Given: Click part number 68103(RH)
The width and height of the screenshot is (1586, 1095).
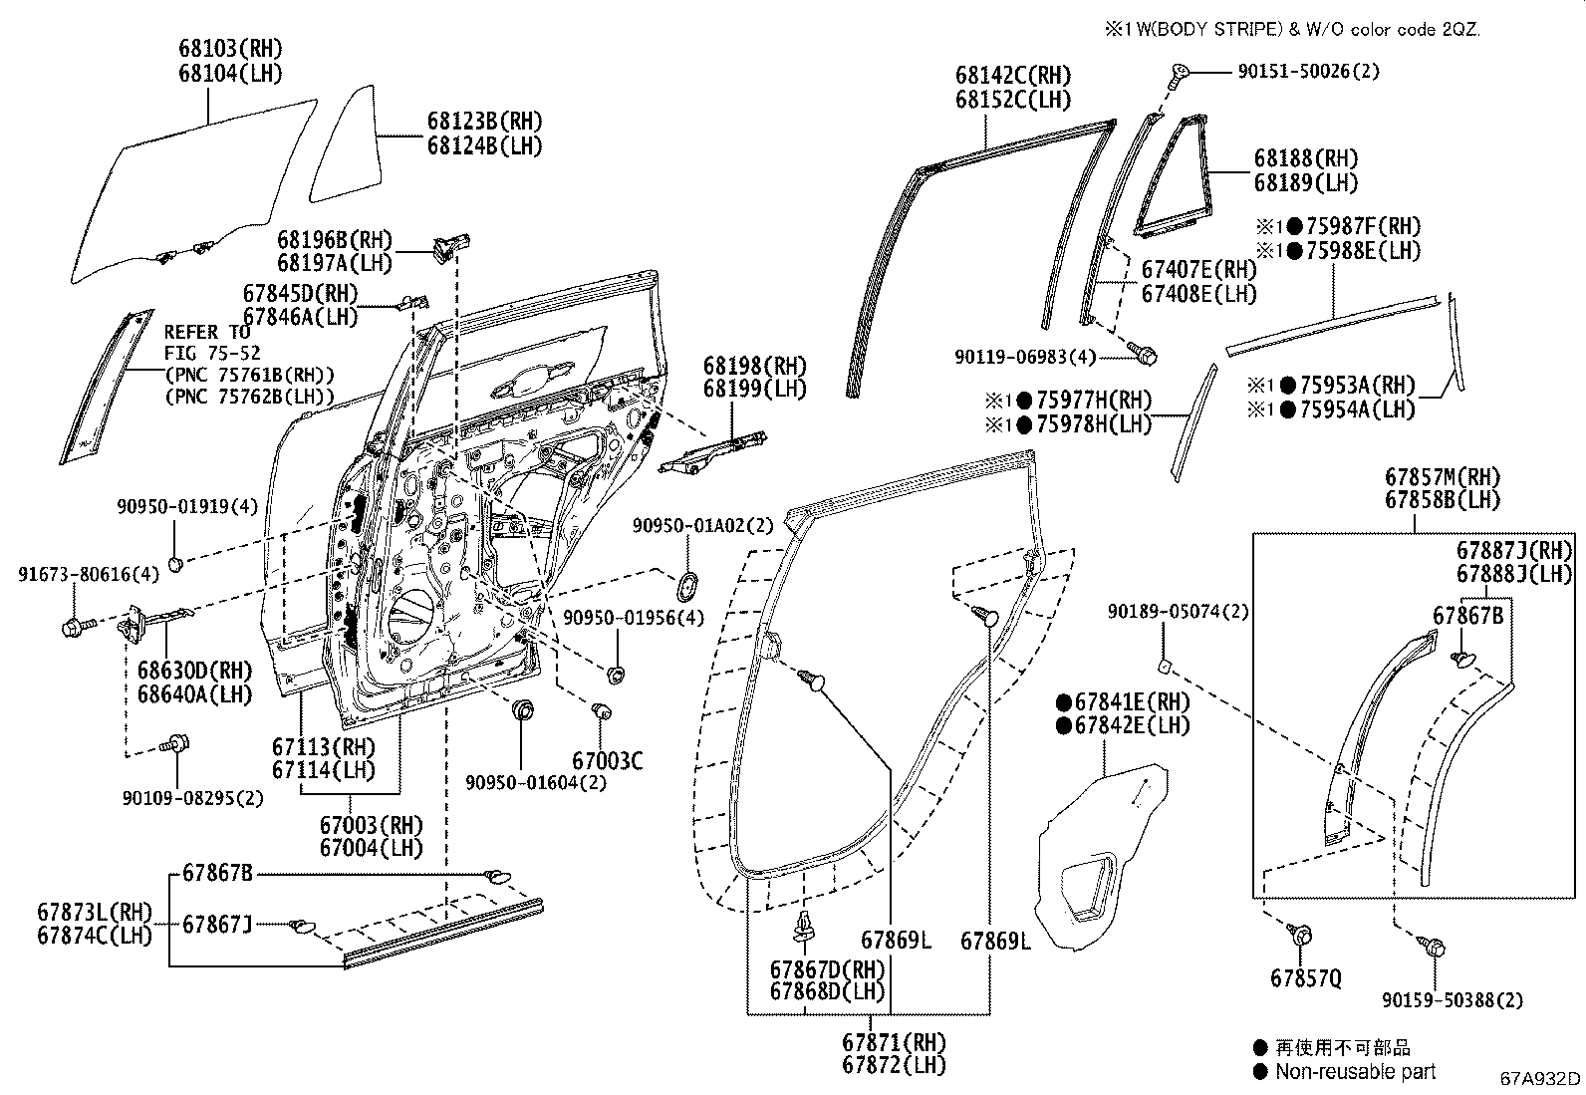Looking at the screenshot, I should pos(230,48).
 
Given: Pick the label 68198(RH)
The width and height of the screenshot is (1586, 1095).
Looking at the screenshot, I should pos(754,365).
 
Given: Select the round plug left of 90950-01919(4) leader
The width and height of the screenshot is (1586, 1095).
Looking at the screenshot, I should pos(175,565).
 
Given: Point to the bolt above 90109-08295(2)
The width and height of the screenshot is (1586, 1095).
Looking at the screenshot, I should pos(177,743).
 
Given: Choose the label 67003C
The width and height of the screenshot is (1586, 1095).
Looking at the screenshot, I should pos(607,761).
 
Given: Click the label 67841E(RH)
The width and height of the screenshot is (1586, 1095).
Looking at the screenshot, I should pos(1123,701).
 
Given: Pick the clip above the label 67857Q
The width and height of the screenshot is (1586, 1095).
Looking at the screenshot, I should pos(1300,935).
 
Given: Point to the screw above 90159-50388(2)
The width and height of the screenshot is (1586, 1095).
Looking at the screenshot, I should pos(1435,950).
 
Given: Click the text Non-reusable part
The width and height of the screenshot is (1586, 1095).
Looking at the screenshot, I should pos(1356,1071).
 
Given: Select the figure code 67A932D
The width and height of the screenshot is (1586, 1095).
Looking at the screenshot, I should pos(1540,1079).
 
